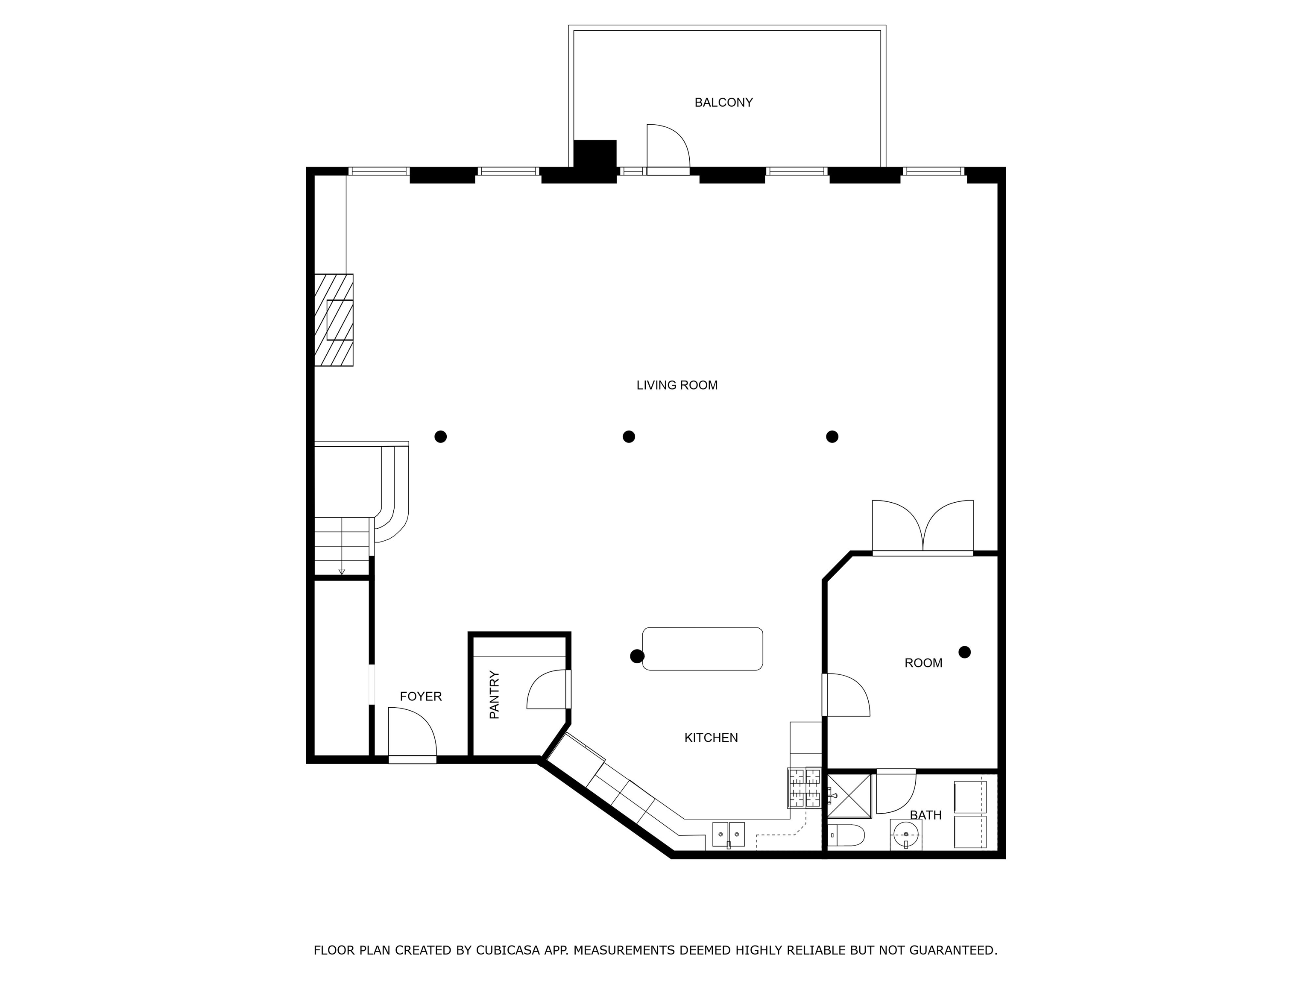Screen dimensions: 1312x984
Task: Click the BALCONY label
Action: pos(723,102)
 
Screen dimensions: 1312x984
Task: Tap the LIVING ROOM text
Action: pos(677,386)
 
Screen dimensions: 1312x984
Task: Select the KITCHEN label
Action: pos(711,738)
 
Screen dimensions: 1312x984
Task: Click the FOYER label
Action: pos(421,696)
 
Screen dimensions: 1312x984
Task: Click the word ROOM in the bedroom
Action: pos(923,663)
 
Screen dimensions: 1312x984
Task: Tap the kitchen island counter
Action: pos(703,649)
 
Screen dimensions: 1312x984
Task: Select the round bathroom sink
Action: pos(906,835)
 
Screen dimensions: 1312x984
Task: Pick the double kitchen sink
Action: pos(728,834)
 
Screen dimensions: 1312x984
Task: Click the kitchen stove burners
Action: pos(804,788)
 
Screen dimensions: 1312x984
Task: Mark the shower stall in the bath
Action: pos(849,796)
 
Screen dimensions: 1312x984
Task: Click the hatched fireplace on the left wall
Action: pos(334,320)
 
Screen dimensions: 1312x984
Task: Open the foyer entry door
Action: pos(412,734)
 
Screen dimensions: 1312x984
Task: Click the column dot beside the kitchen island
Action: pos(637,656)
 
